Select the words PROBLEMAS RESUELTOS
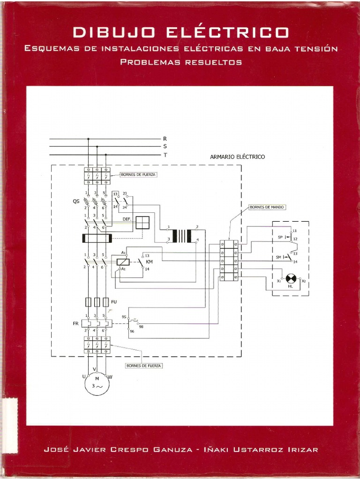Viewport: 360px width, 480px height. tap(181, 61)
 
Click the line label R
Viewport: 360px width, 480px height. tap(165, 139)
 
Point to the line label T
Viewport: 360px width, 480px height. tap(165, 155)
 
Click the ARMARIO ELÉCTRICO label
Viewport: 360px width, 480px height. tap(237, 157)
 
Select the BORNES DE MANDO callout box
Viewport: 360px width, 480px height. tap(267, 207)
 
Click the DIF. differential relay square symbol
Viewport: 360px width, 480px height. tap(142, 223)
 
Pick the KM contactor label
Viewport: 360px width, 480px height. tap(150, 262)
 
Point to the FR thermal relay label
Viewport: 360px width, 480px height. tap(75, 324)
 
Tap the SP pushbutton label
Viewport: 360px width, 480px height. tap(280, 237)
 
